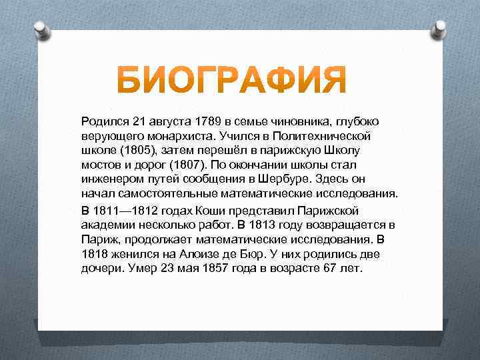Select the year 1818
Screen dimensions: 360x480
[x=95, y=254]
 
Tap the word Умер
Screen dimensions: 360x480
[x=143, y=269]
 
